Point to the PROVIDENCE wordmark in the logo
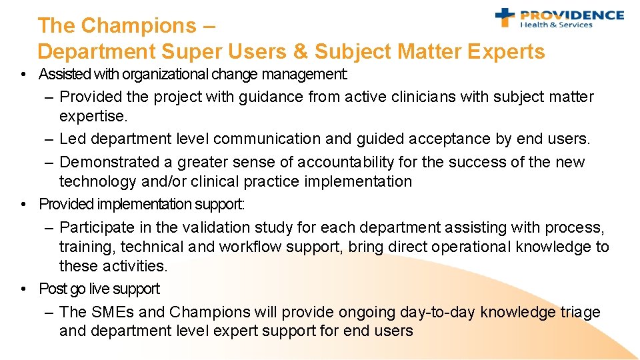(x=571, y=15)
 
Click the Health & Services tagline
(x=556, y=25)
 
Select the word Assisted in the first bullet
(x=62, y=74)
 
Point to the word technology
(x=97, y=181)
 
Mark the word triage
(x=580, y=312)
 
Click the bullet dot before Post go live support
(x=24, y=289)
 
